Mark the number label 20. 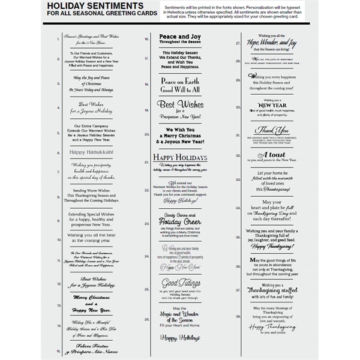pyautogui.click(x=147, y=134)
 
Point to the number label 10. pyautogui.click(x=59, y=239)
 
